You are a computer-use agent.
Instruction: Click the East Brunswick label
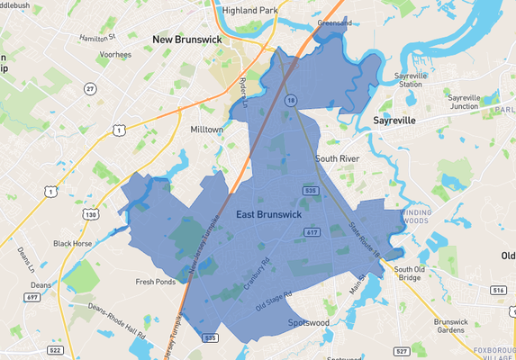pyautogui.click(x=267, y=215)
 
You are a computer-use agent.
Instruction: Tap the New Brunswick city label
pyautogui.click(x=186, y=40)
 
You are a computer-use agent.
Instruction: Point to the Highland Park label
pyautogui.click(x=252, y=11)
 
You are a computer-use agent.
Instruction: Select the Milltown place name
pyautogui.click(x=206, y=130)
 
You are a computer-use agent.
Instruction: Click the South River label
pyautogui.click(x=338, y=158)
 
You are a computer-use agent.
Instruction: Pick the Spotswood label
pyautogui.click(x=309, y=321)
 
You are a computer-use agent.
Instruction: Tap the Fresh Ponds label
pyautogui.click(x=155, y=282)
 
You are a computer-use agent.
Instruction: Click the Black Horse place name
pyautogui.click(x=73, y=243)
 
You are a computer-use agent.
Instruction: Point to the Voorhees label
pyautogui.click(x=116, y=54)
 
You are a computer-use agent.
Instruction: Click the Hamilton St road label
pyautogui.click(x=98, y=38)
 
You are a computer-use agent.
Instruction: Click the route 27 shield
pyautogui.click(x=90, y=87)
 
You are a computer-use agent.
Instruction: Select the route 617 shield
pyautogui.click(x=312, y=232)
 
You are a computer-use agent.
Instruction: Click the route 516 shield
pyautogui.click(x=498, y=291)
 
